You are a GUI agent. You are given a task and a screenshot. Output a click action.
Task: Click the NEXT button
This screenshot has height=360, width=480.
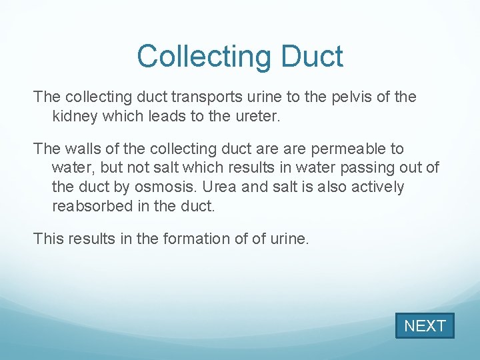tap(425, 326)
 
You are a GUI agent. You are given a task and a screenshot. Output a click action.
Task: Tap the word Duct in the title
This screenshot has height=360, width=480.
tap(311, 57)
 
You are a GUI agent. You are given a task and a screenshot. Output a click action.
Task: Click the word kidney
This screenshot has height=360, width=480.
tap(73, 116)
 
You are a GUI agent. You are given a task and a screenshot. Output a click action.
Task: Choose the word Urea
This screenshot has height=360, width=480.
tap(224, 187)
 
